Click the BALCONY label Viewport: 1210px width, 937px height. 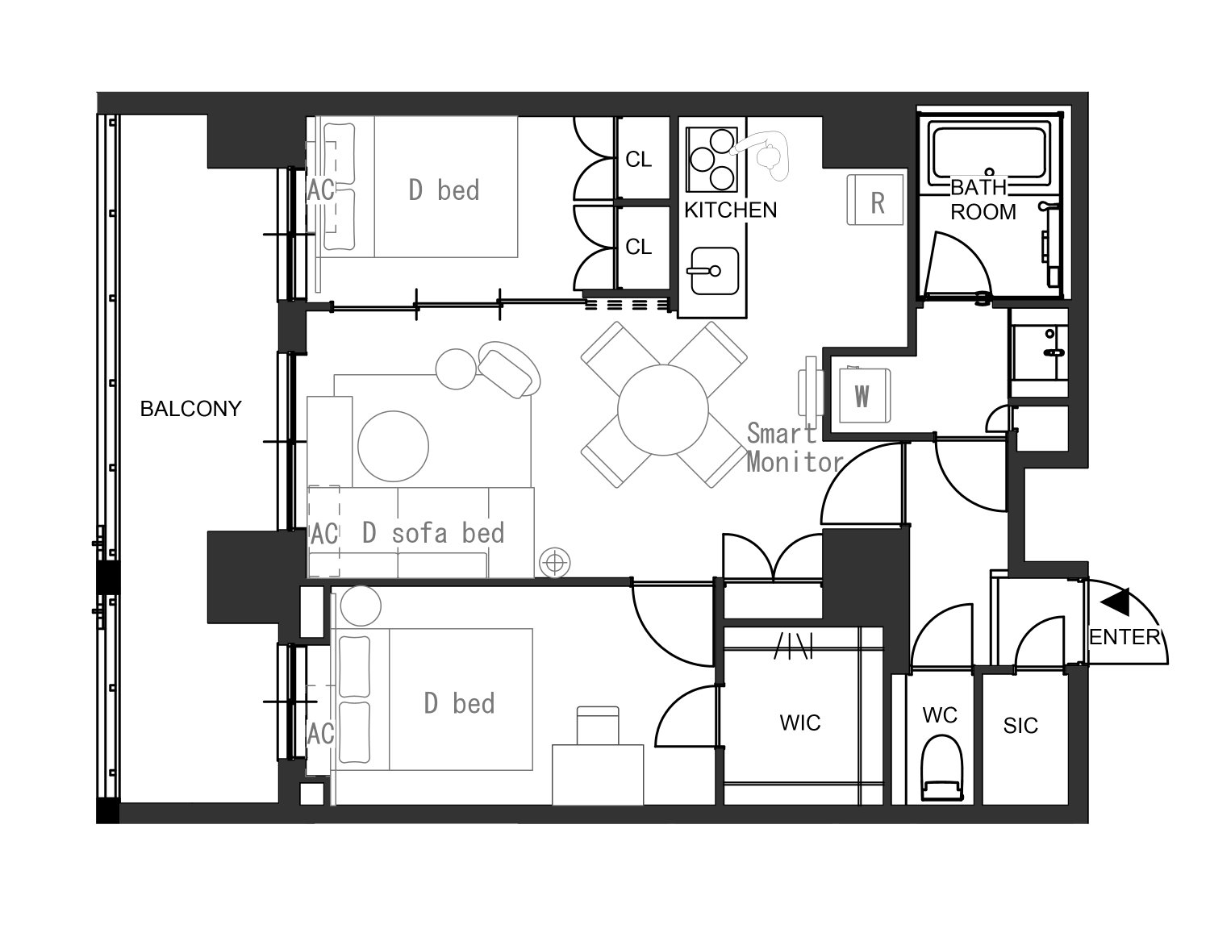click(x=190, y=409)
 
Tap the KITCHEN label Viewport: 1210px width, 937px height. click(x=730, y=210)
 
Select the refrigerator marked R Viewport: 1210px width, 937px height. click(x=874, y=200)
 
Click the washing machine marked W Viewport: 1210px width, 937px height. click(x=865, y=395)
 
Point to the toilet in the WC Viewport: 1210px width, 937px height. click(x=941, y=768)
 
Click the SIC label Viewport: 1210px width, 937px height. click(x=1020, y=726)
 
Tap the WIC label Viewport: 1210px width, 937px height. click(x=800, y=723)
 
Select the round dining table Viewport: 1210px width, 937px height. click(x=662, y=410)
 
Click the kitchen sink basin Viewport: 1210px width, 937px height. click(x=715, y=271)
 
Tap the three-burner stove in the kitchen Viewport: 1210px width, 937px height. click(x=712, y=159)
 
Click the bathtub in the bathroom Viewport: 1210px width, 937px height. click(x=989, y=152)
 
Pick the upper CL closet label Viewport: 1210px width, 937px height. click(x=638, y=160)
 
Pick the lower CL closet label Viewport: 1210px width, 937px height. click(x=638, y=247)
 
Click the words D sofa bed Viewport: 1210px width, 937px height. click(x=433, y=533)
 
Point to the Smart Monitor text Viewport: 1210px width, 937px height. click(x=795, y=448)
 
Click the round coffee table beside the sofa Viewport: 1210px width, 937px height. click(x=393, y=446)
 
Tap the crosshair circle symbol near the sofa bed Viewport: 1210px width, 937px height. click(x=555, y=563)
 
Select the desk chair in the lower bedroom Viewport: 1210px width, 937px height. click(x=598, y=725)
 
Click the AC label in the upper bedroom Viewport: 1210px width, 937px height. click(x=321, y=190)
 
